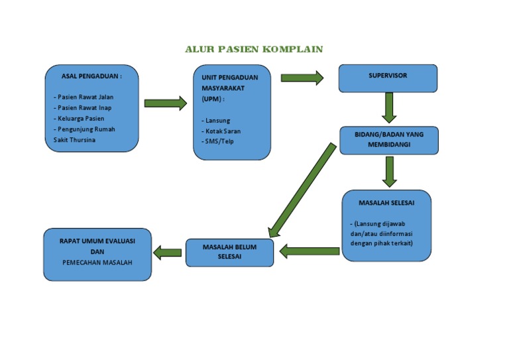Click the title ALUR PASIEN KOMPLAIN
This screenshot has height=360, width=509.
coord(253,49)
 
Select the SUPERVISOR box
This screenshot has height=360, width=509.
coord(388,78)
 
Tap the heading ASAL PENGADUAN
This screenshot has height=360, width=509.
coord(91,76)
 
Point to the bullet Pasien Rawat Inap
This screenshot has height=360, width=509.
coord(83,107)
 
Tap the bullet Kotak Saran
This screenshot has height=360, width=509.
coord(222,131)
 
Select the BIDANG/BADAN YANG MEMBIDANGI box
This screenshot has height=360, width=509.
coord(389,139)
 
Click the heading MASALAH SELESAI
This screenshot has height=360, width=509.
coord(386,202)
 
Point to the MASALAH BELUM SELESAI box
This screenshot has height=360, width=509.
coord(229,251)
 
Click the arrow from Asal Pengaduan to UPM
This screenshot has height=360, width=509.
coord(166,103)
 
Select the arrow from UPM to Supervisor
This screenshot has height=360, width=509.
coord(302,78)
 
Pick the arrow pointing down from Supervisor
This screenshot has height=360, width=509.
coord(389,107)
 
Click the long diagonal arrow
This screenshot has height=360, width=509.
coord(302,190)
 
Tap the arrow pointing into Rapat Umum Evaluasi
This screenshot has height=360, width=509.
coord(168,252)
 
